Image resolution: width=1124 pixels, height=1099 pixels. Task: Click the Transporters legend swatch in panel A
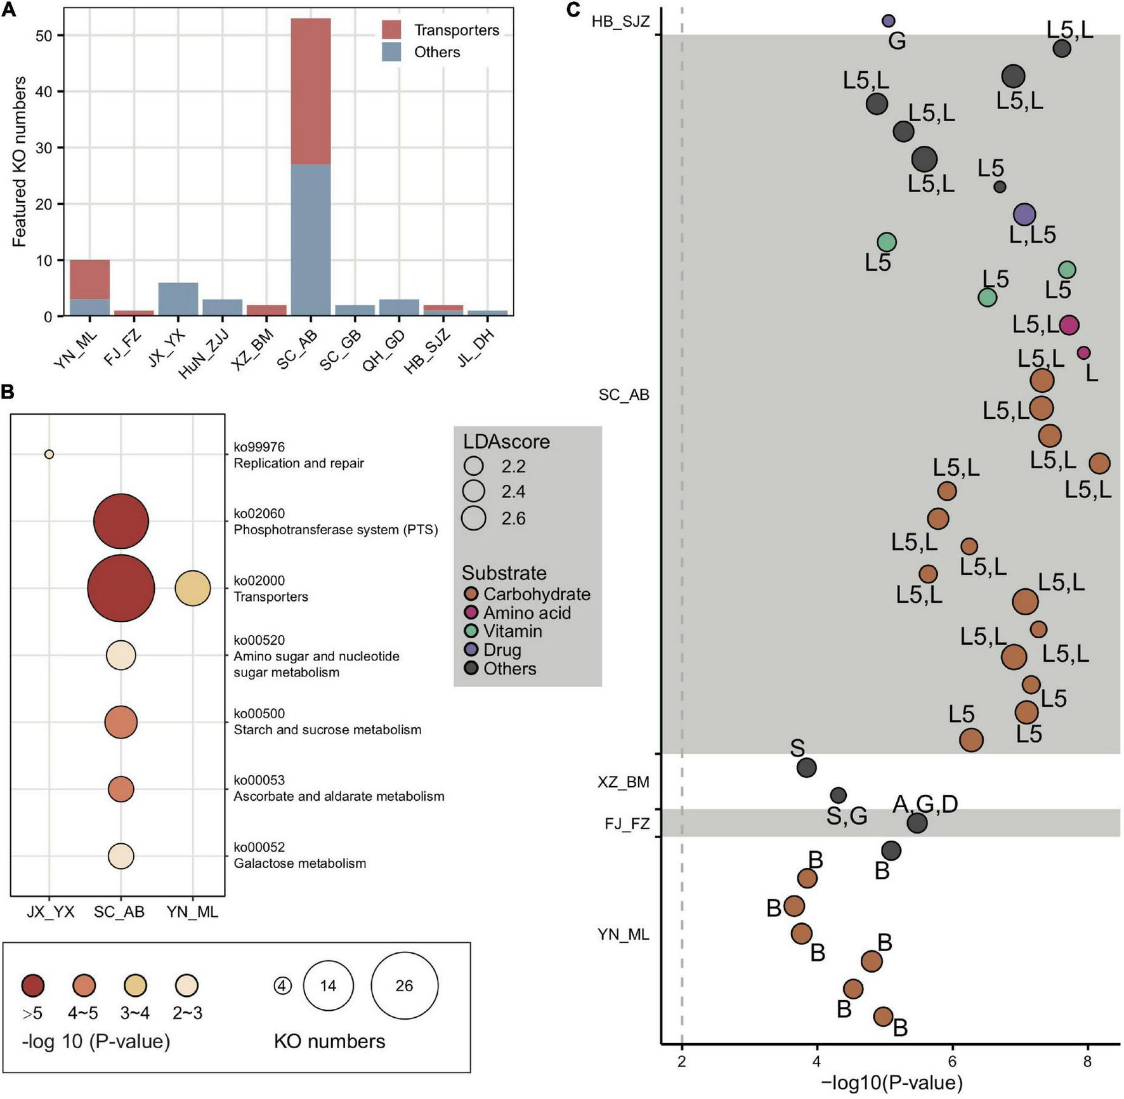(x=391, y=29)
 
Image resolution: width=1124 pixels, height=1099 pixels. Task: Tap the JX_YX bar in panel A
(x=178, y=299)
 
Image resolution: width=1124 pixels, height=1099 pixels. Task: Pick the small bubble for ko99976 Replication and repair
(x=49, y=454)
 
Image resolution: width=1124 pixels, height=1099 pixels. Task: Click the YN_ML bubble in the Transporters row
(x=193, y=588)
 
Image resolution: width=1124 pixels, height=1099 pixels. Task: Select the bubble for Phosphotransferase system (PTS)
(x=121, y=522)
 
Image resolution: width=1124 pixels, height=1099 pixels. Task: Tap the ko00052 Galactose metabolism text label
(x=299, y=855)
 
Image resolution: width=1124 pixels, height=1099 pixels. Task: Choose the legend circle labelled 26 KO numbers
(x=404, y=985)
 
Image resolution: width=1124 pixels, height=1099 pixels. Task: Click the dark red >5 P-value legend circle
(x=32, y=985)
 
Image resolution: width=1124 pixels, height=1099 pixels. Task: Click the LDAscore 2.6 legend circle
(x=474, y=518)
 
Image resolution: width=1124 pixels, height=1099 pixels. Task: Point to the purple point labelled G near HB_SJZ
(x=889, y=21)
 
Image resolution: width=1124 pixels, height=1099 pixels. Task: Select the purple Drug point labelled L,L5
(x=1024, y=214)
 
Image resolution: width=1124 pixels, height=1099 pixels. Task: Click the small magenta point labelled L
(x=1084, y=353)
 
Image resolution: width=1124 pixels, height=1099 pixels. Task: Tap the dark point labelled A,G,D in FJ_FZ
(x=917, y=823)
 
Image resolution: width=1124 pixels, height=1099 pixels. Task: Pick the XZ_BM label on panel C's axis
(x=623, y=782)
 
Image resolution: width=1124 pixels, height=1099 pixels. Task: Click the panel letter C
(x=573, y=10)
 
